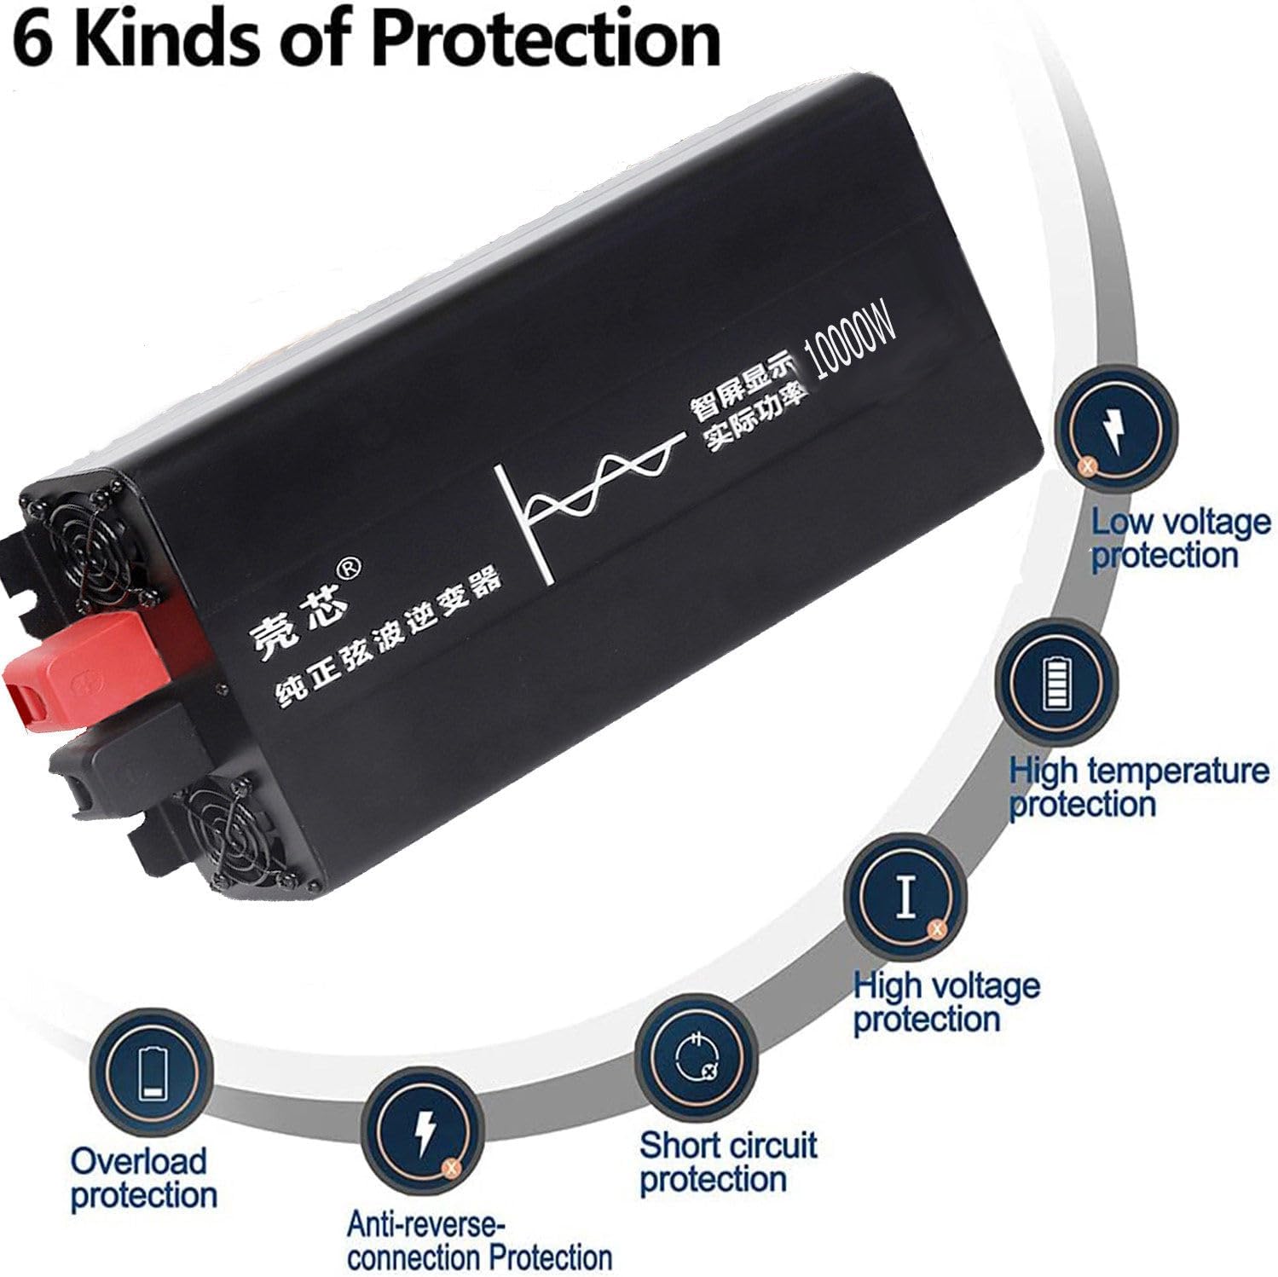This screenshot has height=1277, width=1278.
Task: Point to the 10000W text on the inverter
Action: click(x=854, y=338)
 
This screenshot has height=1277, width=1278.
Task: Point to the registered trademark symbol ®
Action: click(x=350, y=567)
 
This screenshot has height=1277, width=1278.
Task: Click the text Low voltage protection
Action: click(x=1179, y=538)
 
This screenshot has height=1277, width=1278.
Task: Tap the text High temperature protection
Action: click(x=1138, y=787)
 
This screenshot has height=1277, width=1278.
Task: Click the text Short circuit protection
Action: click(x=727, y=1162)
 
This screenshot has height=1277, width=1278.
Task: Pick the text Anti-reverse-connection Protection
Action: click(x=478, y=1241)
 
